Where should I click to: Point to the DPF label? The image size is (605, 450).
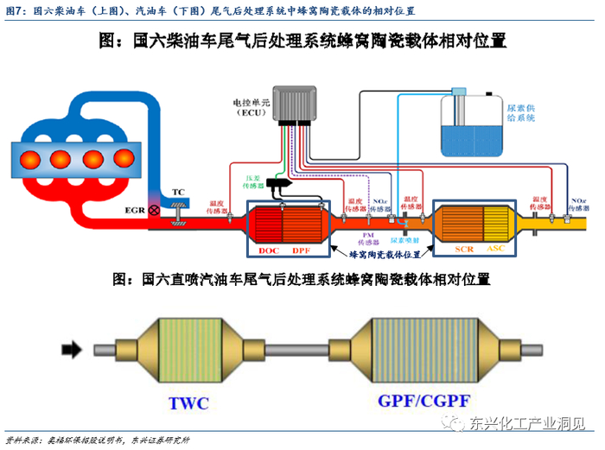tap(300, 250)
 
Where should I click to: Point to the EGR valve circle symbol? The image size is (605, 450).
tap(155, 210)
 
